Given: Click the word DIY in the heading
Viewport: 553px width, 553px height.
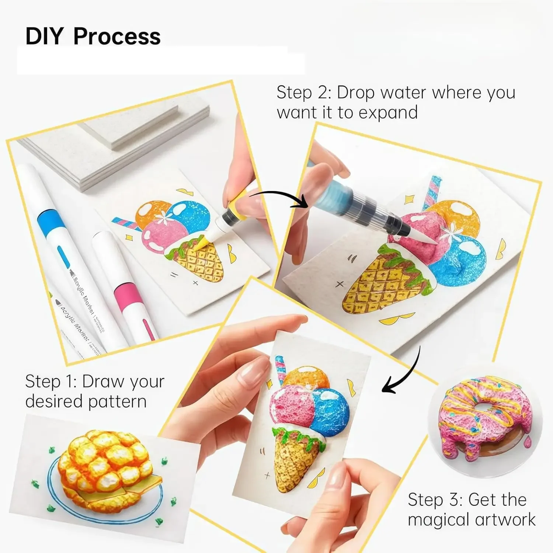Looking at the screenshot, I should click(45, 36).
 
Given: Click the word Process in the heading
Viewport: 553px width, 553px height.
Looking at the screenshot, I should click(117, 36).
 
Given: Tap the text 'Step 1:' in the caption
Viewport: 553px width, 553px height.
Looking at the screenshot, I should click(50, 382).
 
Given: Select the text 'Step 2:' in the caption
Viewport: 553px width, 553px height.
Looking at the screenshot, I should click(304, 92).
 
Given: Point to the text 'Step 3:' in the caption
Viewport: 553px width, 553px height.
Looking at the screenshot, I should click(435, 500).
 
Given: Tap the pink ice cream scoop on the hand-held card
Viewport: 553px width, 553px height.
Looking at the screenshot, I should click(289, 404).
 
